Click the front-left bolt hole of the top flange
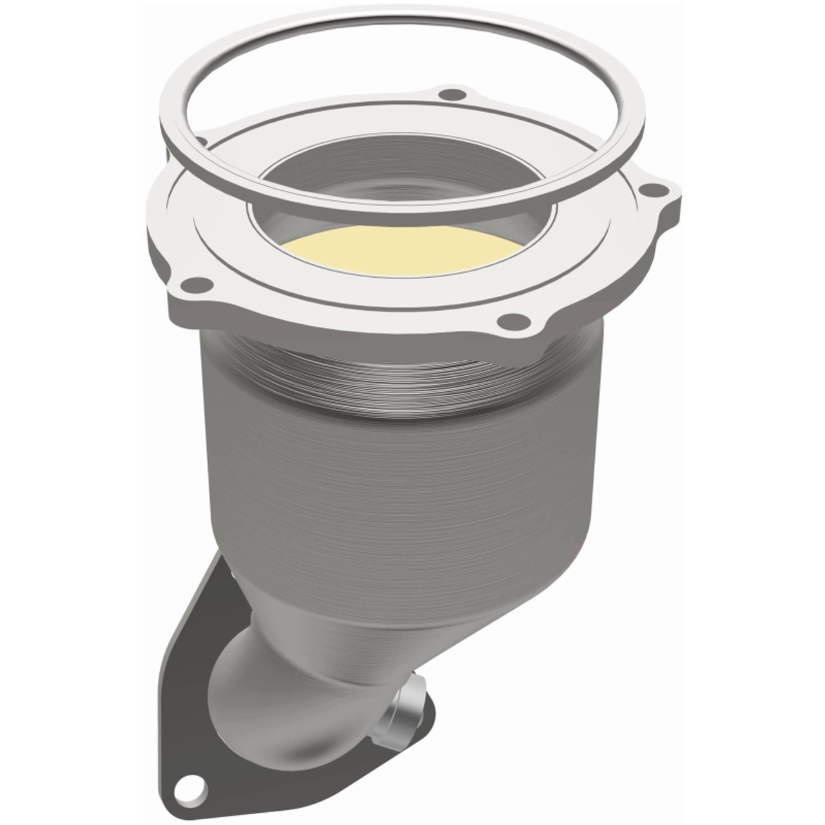(x=194, y=282)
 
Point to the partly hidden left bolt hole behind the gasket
(x=201, y=141)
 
